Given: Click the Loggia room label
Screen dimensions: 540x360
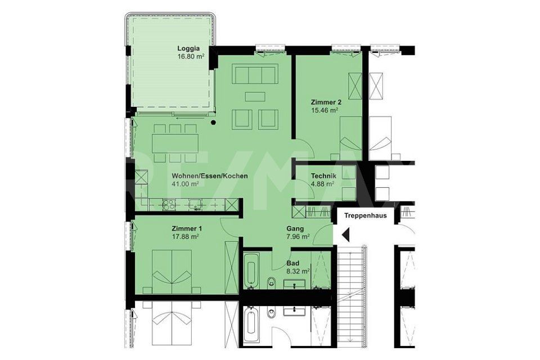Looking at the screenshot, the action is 188,48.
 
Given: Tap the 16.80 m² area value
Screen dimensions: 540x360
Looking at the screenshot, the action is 191,56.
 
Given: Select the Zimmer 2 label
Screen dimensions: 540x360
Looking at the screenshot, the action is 326,102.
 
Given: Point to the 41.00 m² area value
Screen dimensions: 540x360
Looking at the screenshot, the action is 185,184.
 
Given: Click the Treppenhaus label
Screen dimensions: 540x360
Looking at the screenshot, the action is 366,216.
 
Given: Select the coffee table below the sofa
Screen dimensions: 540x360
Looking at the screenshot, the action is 255,96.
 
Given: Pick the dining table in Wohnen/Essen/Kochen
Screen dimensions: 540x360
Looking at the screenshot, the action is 175,143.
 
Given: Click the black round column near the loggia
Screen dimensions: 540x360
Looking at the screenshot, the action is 214,122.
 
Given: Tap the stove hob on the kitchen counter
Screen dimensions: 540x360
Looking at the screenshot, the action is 169,205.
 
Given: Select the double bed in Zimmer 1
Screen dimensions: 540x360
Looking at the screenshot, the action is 172,272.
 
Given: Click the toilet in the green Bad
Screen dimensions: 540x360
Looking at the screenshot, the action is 272,282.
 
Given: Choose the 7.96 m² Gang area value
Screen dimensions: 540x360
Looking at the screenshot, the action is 298,237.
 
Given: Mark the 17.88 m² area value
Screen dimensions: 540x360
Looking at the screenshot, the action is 185,237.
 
